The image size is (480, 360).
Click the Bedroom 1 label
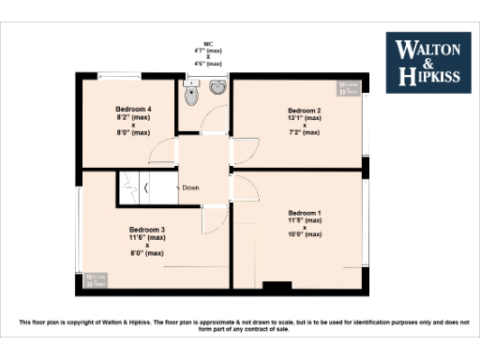305,212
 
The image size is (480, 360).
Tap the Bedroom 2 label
305,111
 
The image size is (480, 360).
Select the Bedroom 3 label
147,230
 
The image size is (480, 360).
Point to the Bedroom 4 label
134,110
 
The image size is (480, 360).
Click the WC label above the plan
207,45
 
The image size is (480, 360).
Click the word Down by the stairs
190,188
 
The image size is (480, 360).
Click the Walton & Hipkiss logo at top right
430,62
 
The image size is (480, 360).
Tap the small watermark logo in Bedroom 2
350,90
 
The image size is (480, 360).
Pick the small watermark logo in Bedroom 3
96,279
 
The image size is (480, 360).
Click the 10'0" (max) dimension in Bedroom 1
305,234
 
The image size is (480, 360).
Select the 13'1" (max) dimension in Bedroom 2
305,118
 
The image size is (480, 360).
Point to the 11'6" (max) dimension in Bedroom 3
147,237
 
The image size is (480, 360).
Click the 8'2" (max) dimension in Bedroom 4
134,117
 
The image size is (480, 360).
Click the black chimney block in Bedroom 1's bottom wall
276,285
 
